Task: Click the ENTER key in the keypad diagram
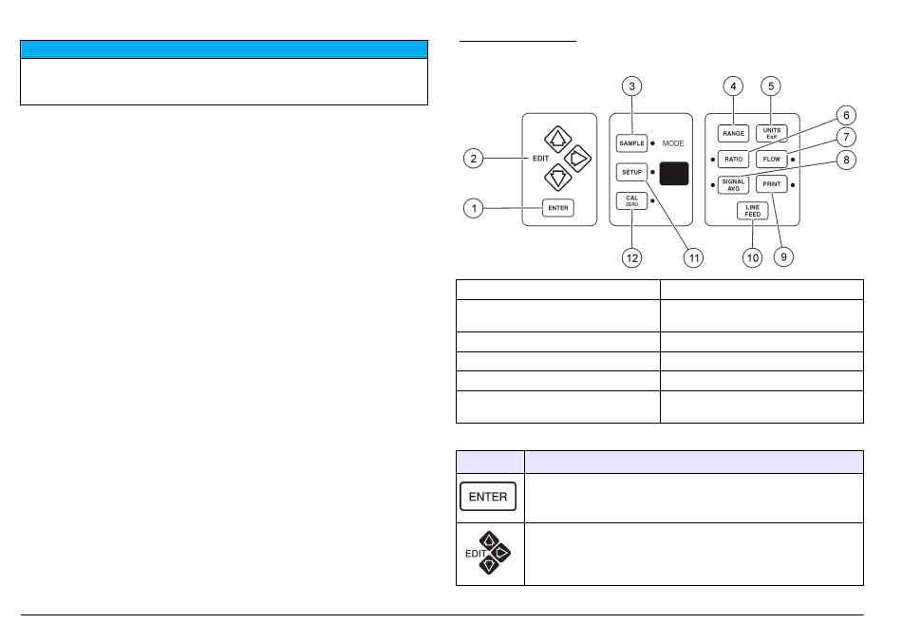[558, 208]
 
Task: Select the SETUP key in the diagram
[630, 172]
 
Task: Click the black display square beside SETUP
[674, 173]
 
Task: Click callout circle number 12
[631, 257]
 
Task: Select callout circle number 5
[771, 85]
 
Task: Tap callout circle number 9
[781, 257]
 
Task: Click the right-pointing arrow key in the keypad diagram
[574, 156]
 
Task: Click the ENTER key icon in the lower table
[488, 497]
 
